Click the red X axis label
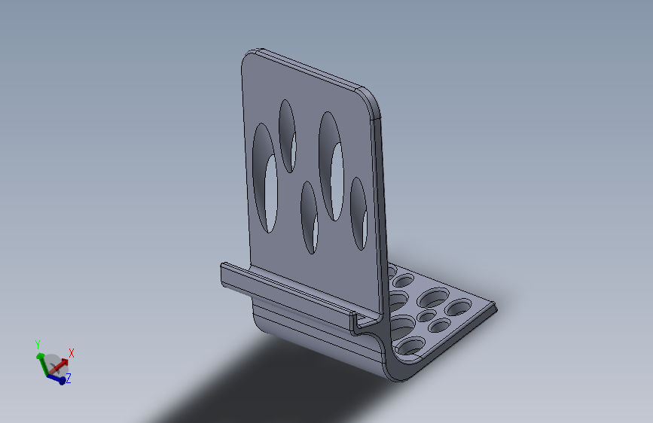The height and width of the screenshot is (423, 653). tap(72, 352)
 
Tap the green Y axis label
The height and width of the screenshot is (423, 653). tap(38, 344)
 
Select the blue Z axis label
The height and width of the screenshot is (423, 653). tap(69, 379)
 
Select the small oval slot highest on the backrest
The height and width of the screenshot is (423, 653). tap(287, 135)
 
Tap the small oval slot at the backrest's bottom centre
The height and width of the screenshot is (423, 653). tap(309, 217)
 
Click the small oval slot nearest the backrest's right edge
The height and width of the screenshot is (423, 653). tap(359, 213)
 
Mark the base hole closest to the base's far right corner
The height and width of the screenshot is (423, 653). tap(457, 307)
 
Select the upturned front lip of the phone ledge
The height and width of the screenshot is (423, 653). tap(286, 290)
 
